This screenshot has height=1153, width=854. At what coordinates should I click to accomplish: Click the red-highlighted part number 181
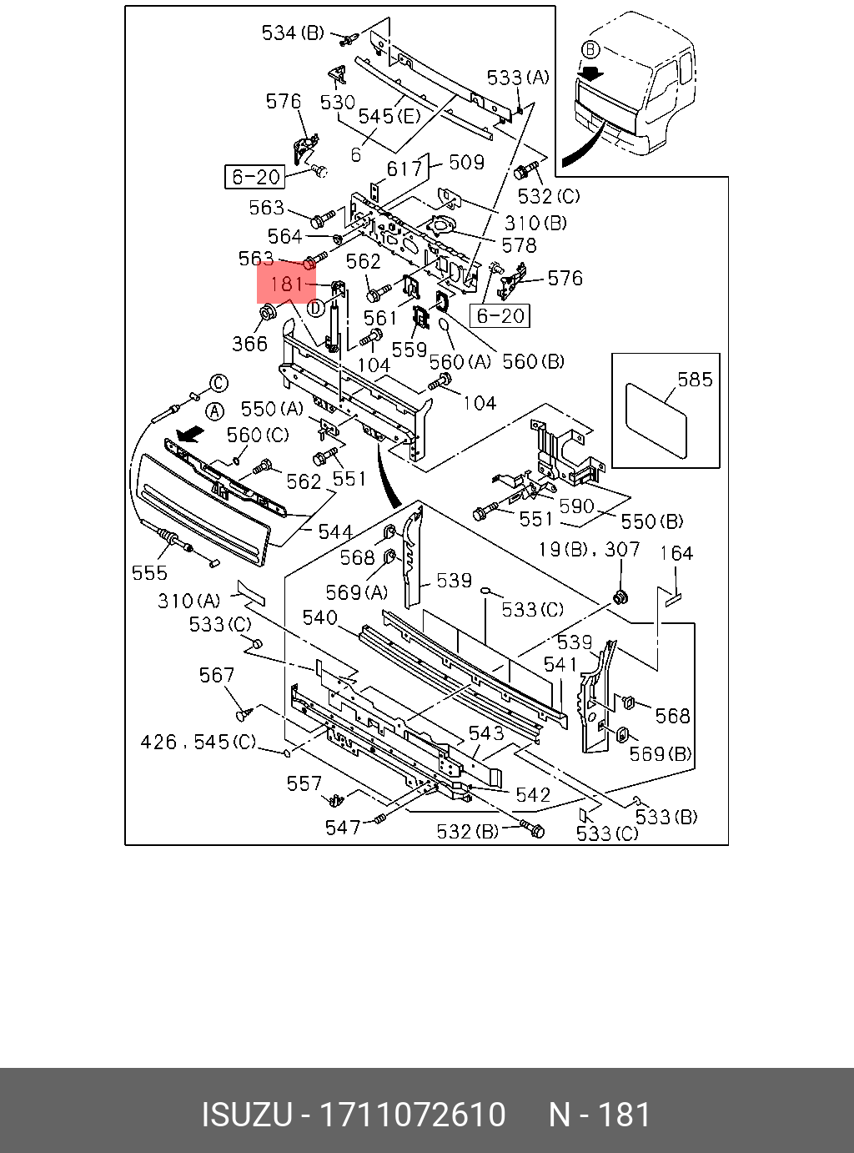pyautogui.click(x=286, y=284)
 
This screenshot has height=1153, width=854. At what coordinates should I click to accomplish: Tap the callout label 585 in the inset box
pyautogui.click(x=695, y=380)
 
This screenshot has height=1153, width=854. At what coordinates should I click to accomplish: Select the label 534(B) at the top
pyautogui.click(x=293, y=33)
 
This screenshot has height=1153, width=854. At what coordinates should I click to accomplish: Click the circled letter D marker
pyautogui.click(x=315, y=308)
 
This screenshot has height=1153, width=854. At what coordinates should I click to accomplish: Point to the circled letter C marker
pyautogui.click(x=219, y=383)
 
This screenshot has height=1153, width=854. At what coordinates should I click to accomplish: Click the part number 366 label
pyautogui.click(x=249, y=344)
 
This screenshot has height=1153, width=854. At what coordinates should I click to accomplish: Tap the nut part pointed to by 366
pyautogui.click(x=268, y=313)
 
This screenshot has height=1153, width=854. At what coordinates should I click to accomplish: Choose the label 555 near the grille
pyautogui.click(x=149, y=573)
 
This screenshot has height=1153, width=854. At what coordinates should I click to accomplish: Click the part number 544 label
pyautogui.click(x=335, y=531)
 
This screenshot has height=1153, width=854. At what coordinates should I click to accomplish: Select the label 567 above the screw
pyautogui.click(x=217, y=675)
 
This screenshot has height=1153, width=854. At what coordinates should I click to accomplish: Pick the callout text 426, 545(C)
pyautogui.click(x=198, y=742)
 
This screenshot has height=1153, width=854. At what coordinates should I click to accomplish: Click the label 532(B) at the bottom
pyautogui.click(x=467, y=832)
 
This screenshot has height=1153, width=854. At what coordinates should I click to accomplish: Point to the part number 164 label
pyautogui.click(x=676, y=553)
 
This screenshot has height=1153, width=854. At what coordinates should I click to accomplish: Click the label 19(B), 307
pyautogui.click(x=589, y=549)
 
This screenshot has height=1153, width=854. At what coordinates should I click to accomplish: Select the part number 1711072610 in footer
pyautogui.click(x=413, y=1115)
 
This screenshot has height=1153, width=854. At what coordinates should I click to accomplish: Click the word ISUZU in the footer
pyautogui.click(x=246, y=1115)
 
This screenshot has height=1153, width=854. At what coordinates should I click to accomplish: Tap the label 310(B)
pyautogui.click(x=535, y=223)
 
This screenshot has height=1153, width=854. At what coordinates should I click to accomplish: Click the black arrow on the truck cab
pyautogui.click(x=590, y=73)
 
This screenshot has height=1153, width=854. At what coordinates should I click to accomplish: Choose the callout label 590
pyautogui.click(x=576, y=506)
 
